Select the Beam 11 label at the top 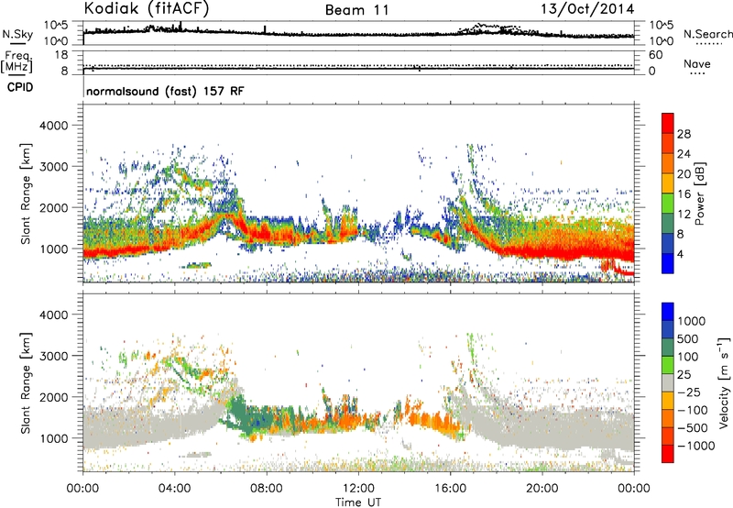357,10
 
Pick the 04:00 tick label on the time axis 174,489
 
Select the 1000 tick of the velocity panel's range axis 60,438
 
